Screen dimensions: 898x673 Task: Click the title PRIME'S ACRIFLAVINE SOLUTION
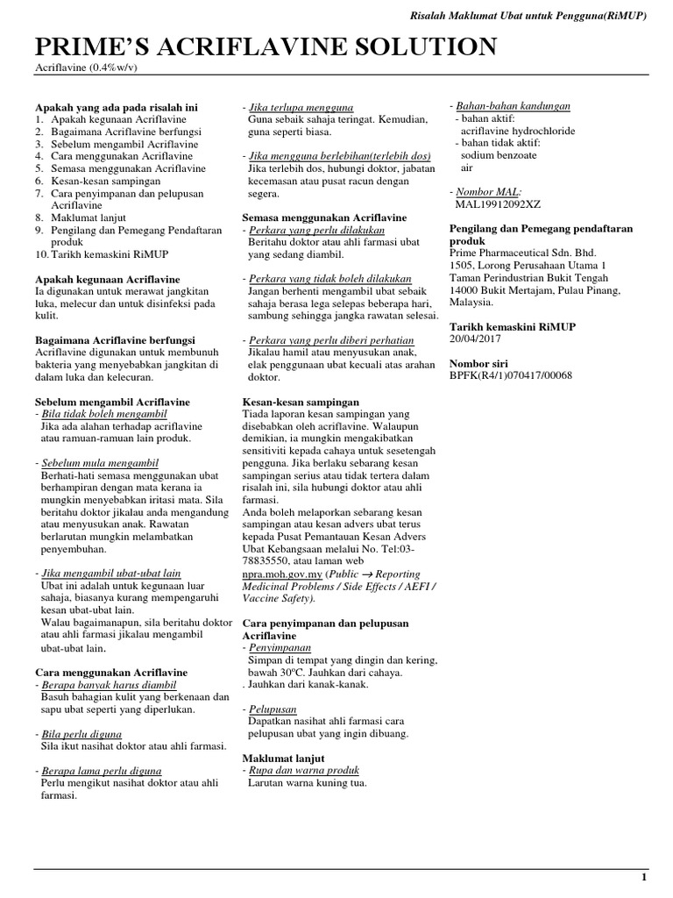point(266,47)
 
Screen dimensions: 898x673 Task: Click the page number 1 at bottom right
point(644,877)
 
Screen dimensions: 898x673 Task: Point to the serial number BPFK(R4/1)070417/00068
point(510,375)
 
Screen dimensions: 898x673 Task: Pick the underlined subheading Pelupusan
point(273,709)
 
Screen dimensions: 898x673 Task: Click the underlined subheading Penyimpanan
point(280,647)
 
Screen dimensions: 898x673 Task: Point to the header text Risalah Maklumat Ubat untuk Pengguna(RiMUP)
point(528,17)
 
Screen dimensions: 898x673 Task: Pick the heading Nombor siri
point(478,363)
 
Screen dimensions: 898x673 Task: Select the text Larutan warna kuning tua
point(307,782)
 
